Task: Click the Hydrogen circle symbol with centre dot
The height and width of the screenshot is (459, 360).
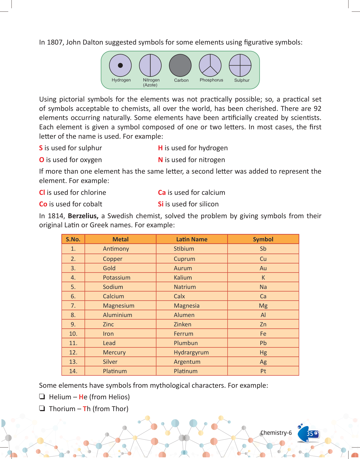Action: click(120, 65)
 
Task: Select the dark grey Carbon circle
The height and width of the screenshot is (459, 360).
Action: click(180, 65)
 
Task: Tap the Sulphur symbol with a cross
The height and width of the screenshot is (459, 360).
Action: click(240, 65)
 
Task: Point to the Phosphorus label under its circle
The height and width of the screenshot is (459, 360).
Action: click(211, 80)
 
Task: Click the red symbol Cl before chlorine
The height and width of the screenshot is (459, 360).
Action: click(42, 192)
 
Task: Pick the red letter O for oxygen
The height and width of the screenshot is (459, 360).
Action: click(42, 160)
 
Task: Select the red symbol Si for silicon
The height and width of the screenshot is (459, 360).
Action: click(161, 204)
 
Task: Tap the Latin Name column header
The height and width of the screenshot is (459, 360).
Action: click(192, 239)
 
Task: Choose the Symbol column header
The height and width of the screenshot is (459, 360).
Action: click(263, 239)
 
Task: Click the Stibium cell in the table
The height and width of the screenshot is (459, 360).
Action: click(184, 249)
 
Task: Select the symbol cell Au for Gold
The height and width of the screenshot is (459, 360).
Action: click(263, 268)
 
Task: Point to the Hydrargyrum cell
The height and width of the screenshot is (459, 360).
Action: click(191, 353)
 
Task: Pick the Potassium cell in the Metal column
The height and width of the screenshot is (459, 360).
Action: click(117, 278)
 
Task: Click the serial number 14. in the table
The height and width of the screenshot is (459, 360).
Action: click(73, 371)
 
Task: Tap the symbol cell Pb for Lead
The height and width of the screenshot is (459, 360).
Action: click(263, 343)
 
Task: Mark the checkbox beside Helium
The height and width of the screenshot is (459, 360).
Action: click(42, 397)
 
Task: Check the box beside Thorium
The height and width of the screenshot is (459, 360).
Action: click(42, 408)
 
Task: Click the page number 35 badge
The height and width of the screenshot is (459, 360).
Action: click(310, 434)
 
